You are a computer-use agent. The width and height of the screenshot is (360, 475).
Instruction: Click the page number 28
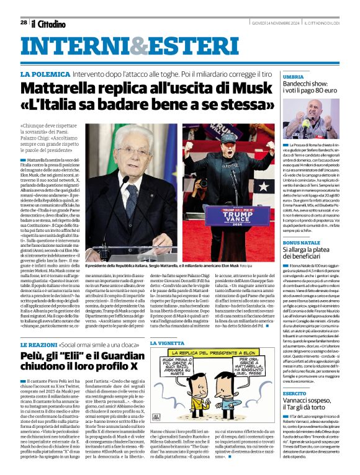coord(24,22)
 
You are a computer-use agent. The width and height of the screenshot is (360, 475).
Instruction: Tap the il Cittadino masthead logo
coord(48,24)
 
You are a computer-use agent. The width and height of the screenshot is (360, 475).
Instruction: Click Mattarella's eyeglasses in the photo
coord(133,151)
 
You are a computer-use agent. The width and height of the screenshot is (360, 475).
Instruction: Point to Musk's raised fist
coord(189,144)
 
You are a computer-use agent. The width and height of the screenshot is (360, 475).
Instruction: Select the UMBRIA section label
coord(277,76)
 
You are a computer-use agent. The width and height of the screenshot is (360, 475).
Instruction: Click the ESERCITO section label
coord(277,394)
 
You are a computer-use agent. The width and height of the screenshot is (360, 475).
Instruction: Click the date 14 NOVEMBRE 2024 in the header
coord(278,22)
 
